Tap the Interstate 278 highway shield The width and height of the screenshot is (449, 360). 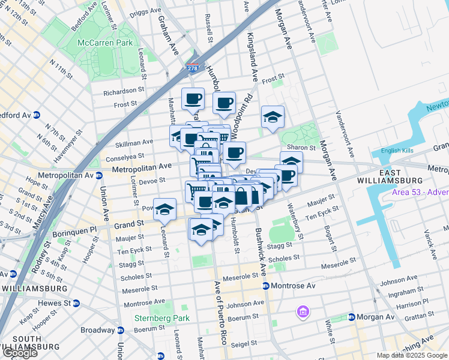193,69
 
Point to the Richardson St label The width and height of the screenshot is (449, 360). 124,92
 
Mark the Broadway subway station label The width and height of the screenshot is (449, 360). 98,330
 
